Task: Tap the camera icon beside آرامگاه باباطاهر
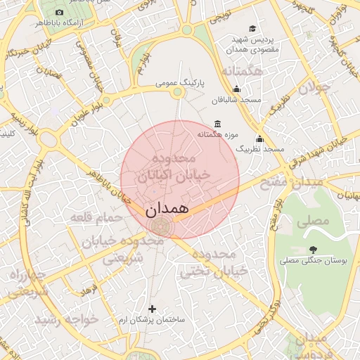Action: tap(58, 13)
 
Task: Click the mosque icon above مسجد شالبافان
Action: tap(236, 89)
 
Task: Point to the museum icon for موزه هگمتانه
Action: tap(217, 124)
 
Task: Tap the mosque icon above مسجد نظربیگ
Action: tap(260, 139)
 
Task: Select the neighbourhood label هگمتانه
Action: tap(241, 72)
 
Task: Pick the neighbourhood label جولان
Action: tap(314, 87)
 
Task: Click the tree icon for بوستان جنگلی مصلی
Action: tap(312, 249)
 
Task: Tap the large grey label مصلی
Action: tap(313, 221)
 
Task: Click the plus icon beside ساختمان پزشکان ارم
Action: tap(152, 309)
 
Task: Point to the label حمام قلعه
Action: tap(96, 218)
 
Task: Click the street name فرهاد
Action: tap(89, 289)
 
